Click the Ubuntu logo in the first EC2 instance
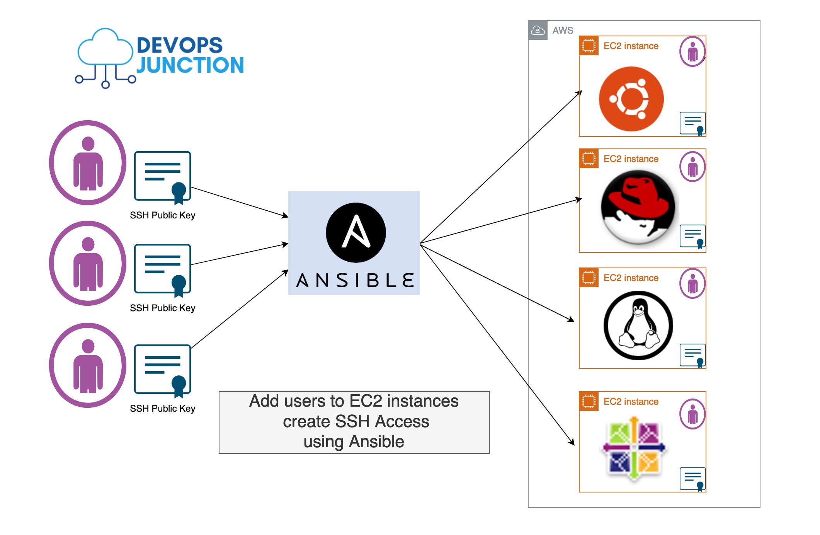point(631,99)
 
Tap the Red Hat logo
point(638,207)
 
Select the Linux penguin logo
point(638,325)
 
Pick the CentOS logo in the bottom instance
point(634,448)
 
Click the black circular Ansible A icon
point(356,233)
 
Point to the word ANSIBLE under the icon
point(355,280)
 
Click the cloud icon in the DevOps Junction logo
point(105,48)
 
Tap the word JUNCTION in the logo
point(190,65)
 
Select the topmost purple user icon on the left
point(88,163)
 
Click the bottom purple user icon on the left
point(88,365)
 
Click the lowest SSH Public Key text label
point(162,409)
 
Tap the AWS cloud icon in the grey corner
point(538,30)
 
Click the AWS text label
point(563,30)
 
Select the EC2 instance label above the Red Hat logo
point(631,159)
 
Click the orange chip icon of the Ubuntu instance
point(589,46)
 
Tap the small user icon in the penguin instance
point(692,283)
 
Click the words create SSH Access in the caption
point(356,421)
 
